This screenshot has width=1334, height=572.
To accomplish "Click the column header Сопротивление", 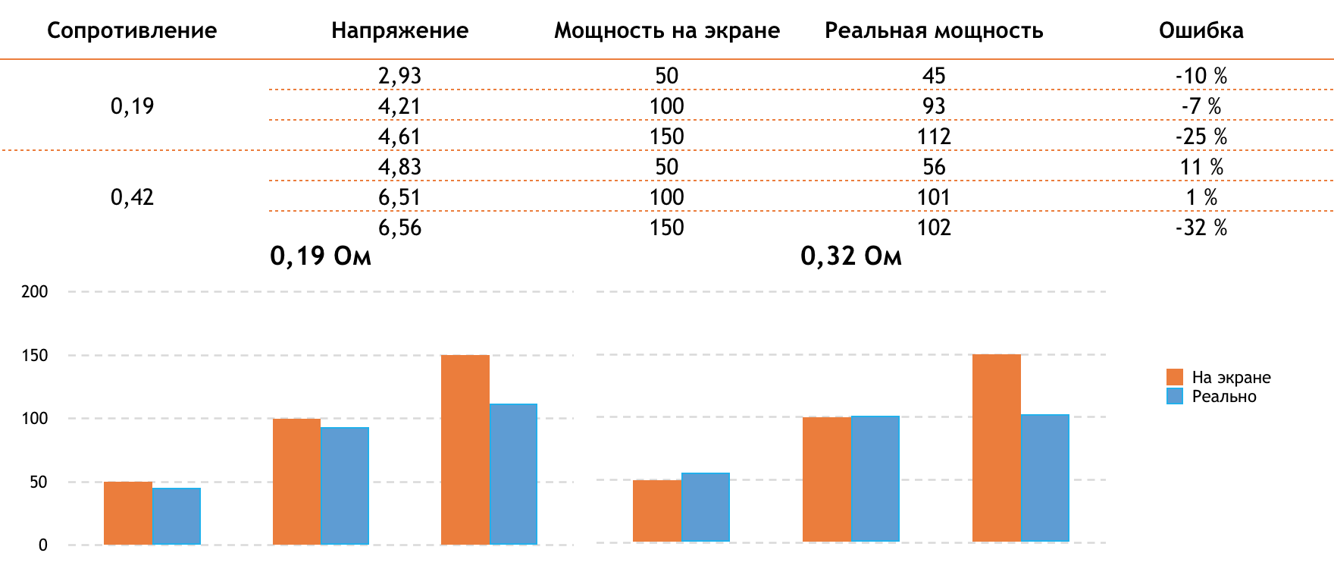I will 132,30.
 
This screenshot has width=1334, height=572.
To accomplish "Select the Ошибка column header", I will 1201,30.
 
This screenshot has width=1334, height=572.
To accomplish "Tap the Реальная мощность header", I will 934,30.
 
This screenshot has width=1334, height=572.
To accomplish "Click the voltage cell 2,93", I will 399,76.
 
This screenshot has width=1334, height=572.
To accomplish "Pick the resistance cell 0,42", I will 132,197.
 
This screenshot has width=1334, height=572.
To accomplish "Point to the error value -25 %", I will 1201,137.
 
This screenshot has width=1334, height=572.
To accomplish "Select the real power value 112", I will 934,137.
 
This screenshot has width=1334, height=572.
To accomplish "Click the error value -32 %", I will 1201,228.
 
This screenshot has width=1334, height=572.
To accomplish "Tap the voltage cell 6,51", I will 399,197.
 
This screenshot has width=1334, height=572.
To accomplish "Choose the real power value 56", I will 934,167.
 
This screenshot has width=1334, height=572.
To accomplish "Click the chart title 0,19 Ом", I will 321,256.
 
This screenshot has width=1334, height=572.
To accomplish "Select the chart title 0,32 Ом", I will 851,256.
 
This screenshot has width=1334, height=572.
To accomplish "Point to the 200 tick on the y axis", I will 35,292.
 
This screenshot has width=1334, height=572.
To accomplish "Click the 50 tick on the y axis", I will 39,482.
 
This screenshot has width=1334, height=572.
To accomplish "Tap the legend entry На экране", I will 1231,377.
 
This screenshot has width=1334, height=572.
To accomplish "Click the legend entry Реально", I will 1223,397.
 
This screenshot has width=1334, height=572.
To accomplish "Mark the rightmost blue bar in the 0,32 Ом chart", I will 1044,478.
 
